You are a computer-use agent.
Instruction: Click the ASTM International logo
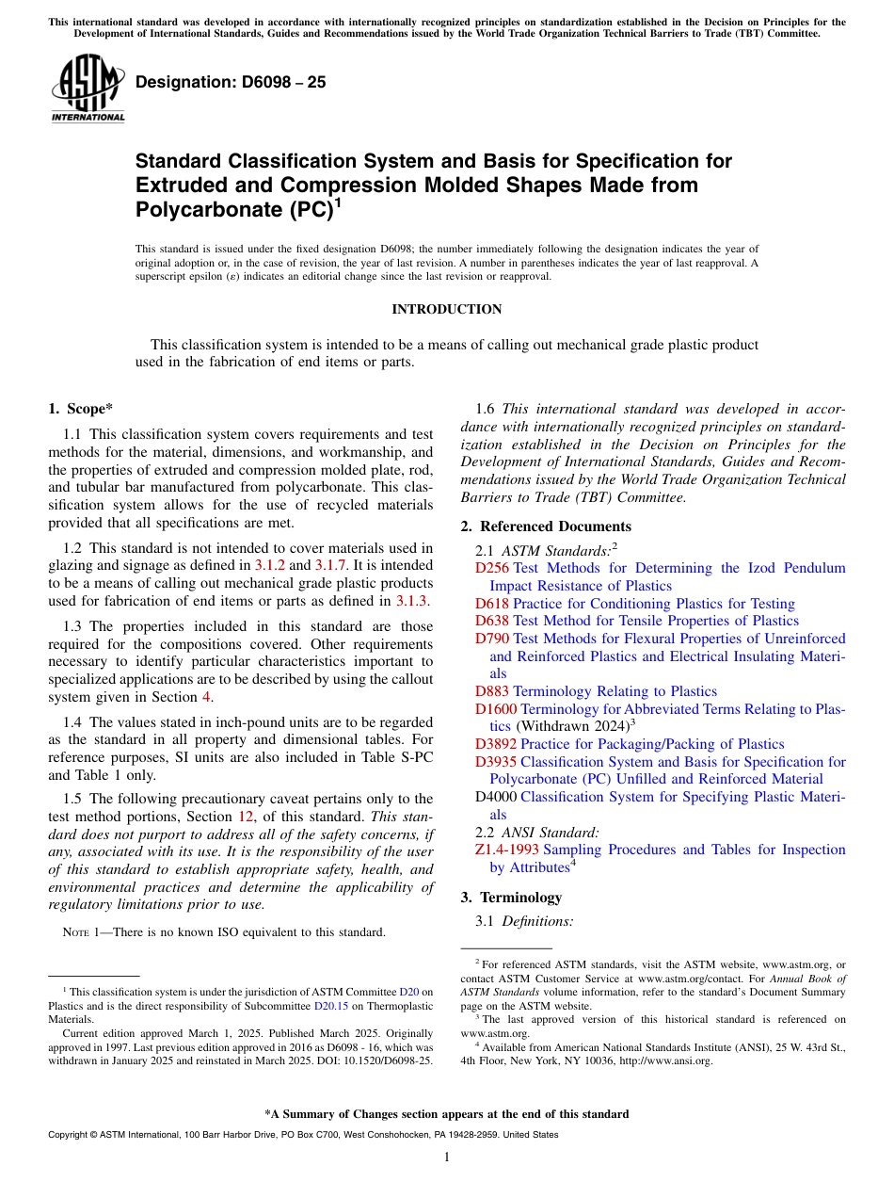click(88, 89)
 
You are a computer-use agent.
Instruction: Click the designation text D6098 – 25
click(231, 83)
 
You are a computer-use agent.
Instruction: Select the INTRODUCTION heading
click(447, 310)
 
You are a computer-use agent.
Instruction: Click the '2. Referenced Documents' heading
click(546, 526)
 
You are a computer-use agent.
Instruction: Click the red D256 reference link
click(492, 568)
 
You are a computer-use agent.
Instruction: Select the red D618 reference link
click(492, 604)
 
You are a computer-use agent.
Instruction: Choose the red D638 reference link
click(492, 621)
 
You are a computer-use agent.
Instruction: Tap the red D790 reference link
click(492, 639)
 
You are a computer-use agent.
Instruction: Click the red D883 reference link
click(492, 691)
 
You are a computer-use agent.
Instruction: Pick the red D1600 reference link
click(496, 709)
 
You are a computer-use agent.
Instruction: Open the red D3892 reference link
click(496, 744)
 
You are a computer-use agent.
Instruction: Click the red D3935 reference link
click(496, 762)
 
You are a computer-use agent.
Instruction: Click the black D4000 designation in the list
click(496, 797)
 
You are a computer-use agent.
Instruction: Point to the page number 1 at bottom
click(447, 1158)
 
